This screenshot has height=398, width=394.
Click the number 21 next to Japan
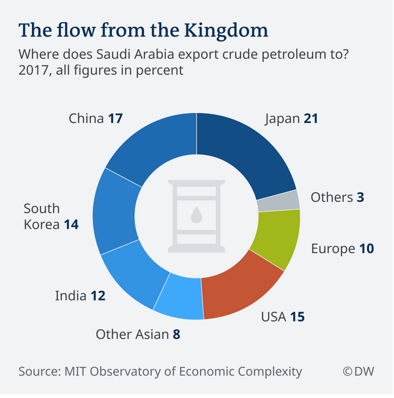coord(312,119)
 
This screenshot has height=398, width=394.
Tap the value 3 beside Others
coord(360,197)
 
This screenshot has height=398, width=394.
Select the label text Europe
coord(332,249)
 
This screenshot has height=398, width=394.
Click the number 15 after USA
coord(297,318)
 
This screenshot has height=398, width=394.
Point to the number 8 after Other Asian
coord(176,335)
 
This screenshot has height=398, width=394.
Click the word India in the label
coord(71,296)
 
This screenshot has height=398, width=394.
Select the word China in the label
coord(86,119)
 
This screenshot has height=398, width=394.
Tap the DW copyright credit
coord(359,372)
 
